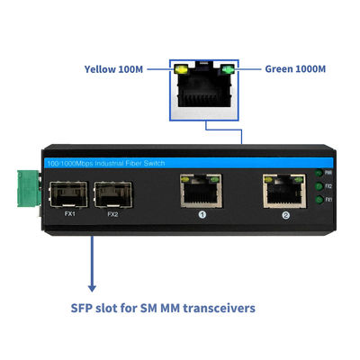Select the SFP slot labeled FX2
[111, 193]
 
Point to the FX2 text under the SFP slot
[112, 214]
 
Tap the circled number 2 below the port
[286, 215]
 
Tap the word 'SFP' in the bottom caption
[85, 308]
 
